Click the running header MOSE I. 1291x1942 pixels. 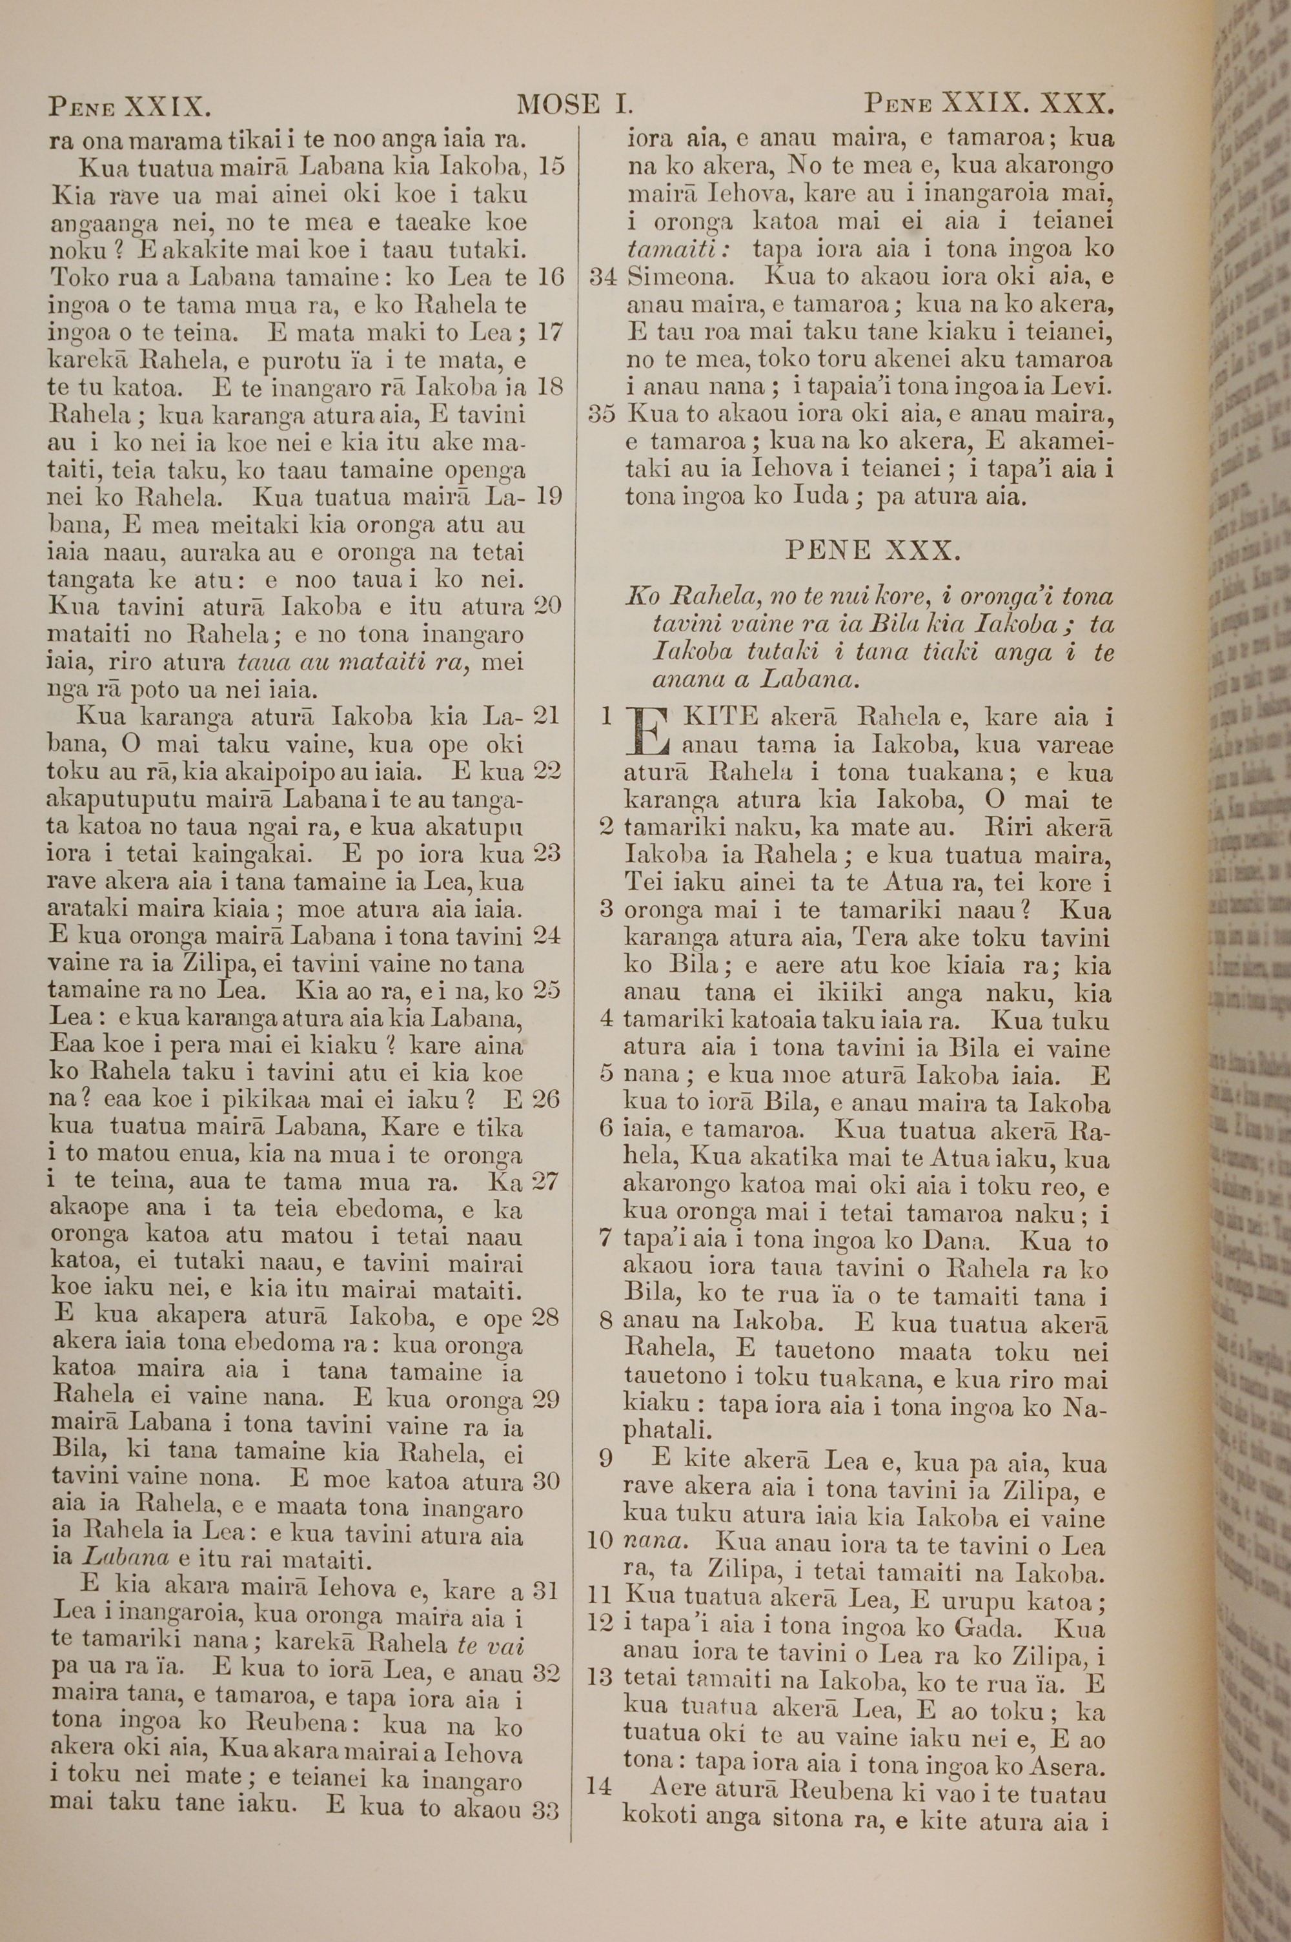click(574, 105)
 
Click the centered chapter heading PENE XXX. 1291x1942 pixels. click(873, 550)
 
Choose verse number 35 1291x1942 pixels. click(602, 414)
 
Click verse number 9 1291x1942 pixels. click(606, 1459)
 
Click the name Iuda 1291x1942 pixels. click(820, 497)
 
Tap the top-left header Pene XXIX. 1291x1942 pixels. click(130, 106)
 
